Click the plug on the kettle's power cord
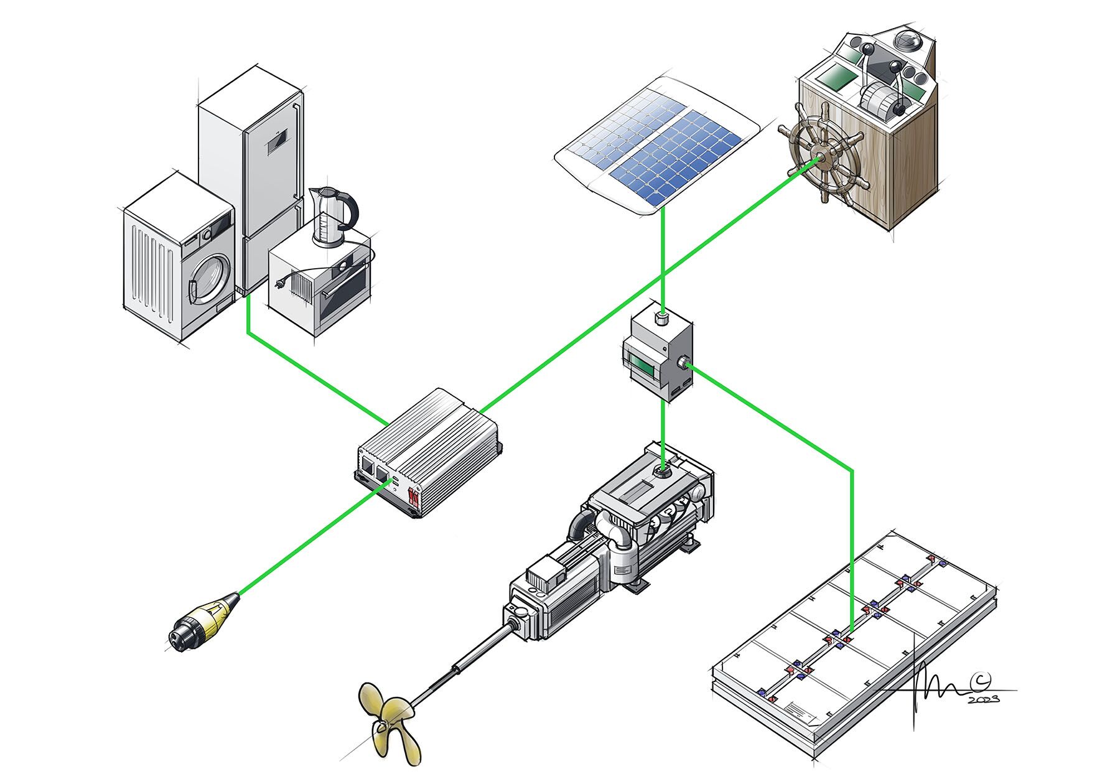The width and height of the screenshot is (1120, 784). [281, 284]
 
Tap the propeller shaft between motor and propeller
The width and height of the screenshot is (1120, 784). [460, 666]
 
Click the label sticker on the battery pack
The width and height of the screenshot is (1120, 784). [802, 710]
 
